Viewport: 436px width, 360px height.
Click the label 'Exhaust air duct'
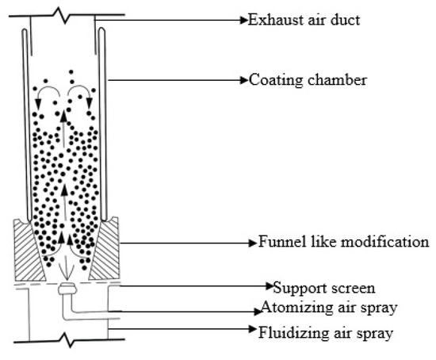point(305,19)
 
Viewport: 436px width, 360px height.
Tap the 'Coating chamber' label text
point(302,79)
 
